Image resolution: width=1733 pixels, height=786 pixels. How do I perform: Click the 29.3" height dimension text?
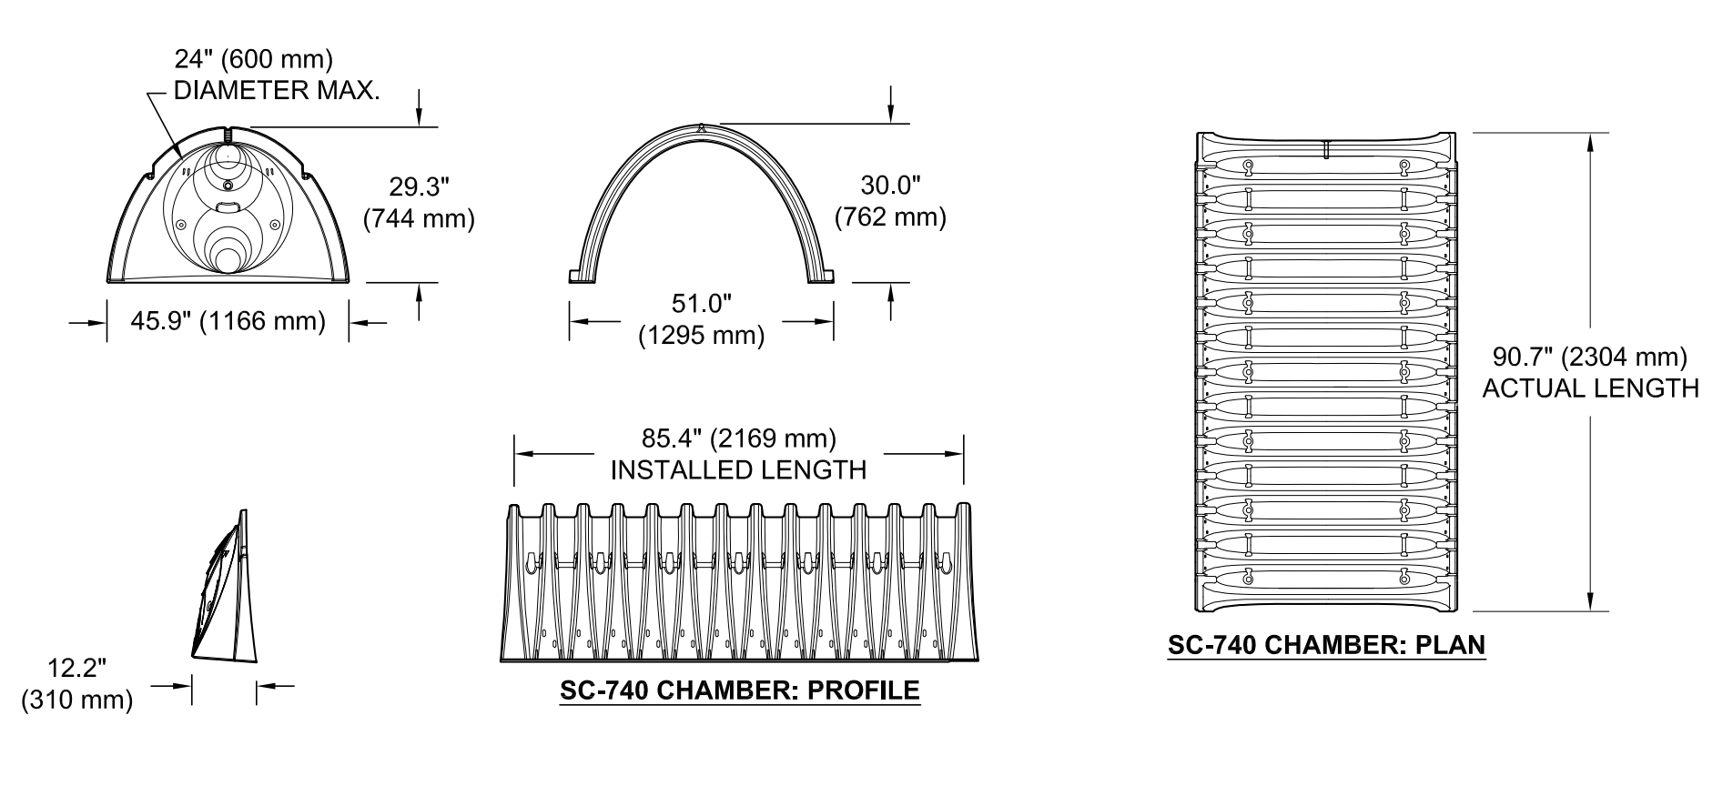coord(420,187)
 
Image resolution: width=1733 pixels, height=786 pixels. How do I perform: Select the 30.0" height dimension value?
coord(891,186)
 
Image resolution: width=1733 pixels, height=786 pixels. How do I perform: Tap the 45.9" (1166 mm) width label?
coord(228,321)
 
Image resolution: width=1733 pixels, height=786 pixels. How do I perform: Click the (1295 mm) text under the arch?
coord(702,336)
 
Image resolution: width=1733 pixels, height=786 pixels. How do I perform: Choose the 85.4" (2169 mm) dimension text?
coord(739,438)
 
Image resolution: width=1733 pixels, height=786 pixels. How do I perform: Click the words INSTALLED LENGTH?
coord(738,470)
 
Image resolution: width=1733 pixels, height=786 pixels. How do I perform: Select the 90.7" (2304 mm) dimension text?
coord(1590,356)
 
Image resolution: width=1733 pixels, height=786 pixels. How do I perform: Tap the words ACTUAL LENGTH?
coord(1591,388)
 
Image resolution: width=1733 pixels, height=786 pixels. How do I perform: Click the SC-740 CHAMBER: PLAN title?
coord(1327,646)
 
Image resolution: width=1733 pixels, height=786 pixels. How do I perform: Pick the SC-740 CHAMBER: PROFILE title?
coord(740,690)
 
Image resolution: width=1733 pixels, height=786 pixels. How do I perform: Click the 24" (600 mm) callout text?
coord(254,59)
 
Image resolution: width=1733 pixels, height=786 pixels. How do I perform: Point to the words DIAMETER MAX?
coord(277,91)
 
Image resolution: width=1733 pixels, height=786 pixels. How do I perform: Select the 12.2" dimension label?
coord(77,668)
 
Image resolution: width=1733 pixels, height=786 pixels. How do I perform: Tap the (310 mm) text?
coord(77,700)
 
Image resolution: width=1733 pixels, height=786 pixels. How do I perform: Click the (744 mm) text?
coord(420,219)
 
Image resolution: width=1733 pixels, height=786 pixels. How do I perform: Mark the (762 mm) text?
coord(891,217)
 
